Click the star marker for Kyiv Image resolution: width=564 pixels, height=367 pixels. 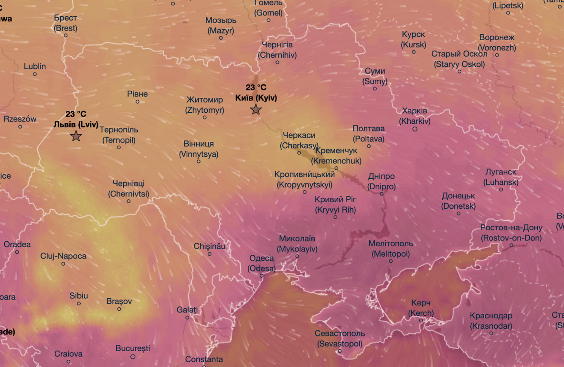[x=256, y=110]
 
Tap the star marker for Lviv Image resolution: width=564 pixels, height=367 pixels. [x=76, y=137]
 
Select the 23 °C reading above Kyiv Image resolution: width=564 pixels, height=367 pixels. [x=256, y=87]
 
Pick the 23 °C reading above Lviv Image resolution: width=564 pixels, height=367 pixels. [x=76, y=114]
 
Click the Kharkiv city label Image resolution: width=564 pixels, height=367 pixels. [x=415, y=116]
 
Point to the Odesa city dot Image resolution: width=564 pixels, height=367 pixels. [x=262, y=276]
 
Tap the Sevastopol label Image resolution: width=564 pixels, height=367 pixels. [x=340, y=338]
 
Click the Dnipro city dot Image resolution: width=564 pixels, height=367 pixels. [x=382, y=194]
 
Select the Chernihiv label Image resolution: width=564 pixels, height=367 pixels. [x=277, y=50]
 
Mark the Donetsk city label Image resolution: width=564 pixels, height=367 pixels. [x=458, y=201]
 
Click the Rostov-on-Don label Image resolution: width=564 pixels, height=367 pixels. [x=511, y=233]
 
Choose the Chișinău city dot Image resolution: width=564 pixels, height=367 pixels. [x=210, y=254]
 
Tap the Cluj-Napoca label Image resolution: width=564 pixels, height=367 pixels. [x=64, y=256]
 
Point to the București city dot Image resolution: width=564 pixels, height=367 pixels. [x=133, y=356]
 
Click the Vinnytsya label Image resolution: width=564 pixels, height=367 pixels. [x=199, y=149]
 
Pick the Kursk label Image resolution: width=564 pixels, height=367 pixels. [x=414, y=40]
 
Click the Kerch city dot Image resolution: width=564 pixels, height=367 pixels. [x=421, y=320]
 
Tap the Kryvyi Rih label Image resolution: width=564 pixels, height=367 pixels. [x=335, y=205]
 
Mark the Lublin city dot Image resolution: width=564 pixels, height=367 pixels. [x=35, y=74]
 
